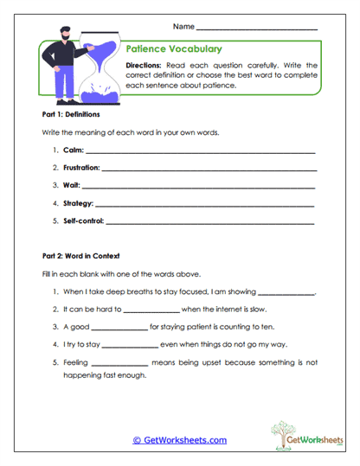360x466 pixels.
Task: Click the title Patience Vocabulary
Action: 174,49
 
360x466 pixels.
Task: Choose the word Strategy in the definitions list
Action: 78,203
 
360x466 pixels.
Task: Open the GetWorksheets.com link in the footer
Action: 179,440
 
